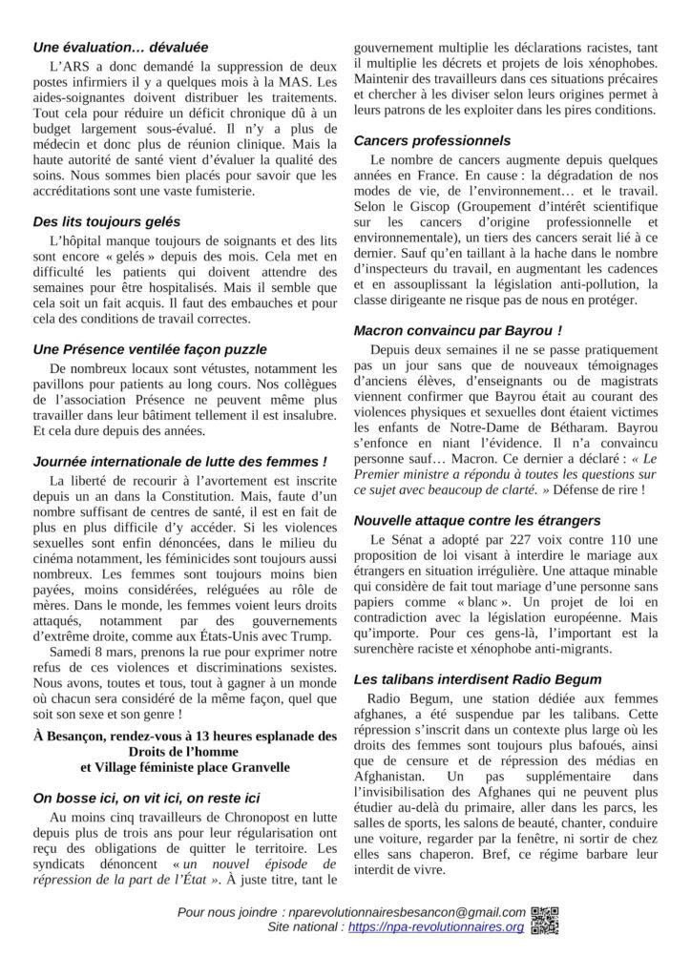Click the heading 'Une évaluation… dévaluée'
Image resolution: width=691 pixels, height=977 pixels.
(120, 47)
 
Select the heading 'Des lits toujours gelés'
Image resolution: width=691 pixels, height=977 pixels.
(106, 222)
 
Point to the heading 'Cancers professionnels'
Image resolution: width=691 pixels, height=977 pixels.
(431, 140)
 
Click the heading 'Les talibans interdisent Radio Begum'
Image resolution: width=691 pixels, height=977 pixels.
(477, 679)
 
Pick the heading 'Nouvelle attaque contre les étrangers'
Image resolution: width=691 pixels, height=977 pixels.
(476, 520)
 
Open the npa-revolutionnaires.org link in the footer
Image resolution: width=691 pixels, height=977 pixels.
(436, 926)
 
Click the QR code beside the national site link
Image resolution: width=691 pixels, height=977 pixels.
(548, 926)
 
